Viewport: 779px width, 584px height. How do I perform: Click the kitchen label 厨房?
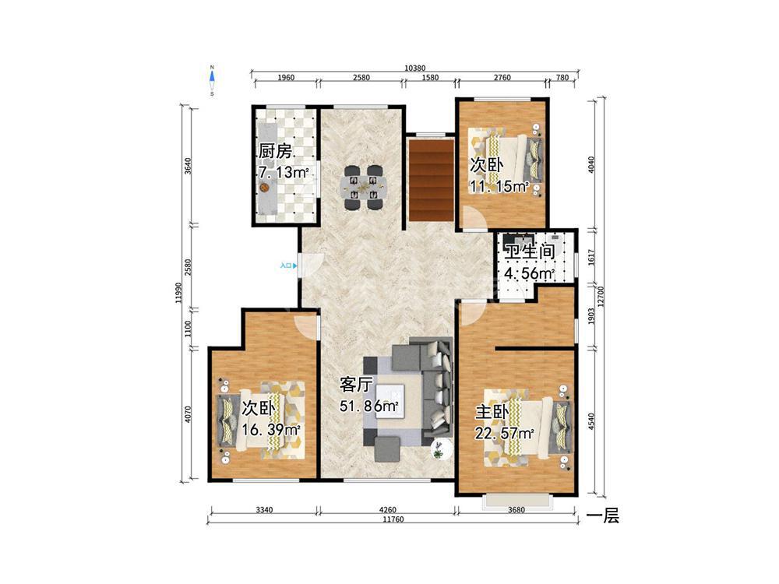pos(275,152)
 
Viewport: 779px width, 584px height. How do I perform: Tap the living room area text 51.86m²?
pos(369,406)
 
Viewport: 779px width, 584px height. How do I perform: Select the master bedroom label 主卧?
pos(492,412)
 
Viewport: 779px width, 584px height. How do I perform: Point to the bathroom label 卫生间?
pos(530,252)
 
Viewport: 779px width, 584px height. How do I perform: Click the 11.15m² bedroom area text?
pos(499,187)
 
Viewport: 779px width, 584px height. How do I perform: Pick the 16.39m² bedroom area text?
pos(271,430)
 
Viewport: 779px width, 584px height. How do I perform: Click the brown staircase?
pos(432,179)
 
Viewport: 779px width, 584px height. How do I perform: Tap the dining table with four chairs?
pos(363,186)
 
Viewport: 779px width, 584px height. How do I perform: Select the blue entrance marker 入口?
pos(289,266)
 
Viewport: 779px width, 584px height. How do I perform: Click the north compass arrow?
pos(212,76)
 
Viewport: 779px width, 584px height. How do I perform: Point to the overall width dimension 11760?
pos(393,519)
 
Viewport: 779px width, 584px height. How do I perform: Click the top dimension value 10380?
pos(415,68)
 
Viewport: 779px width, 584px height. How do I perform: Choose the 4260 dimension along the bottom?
pos(387,509)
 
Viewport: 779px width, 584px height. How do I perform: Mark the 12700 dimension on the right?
pos(601,297)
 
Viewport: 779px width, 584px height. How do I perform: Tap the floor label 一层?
pos(603,516)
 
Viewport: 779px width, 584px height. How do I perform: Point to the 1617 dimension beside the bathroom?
pos(591,257)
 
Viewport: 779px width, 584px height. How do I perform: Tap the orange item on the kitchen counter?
pos(264,188)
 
